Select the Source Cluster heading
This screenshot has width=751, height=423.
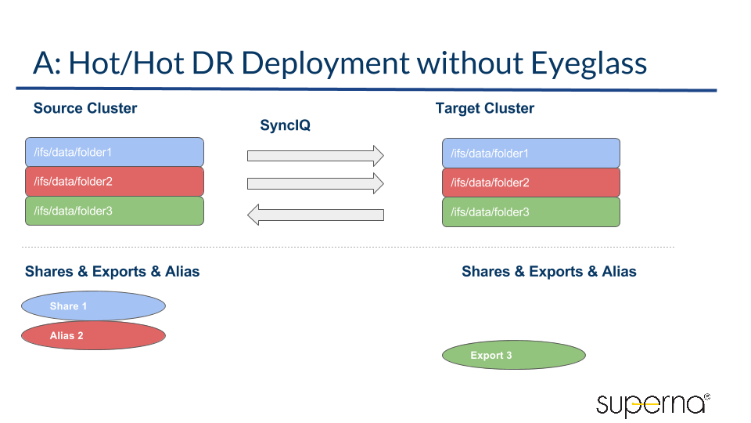point(85,108)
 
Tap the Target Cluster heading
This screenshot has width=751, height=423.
point(485,108)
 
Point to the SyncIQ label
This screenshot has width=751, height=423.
point(286,125)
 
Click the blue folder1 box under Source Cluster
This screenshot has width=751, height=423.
point(114,152)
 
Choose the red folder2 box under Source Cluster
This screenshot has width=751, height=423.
point(114,181)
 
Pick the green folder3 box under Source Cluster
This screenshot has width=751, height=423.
point(114,211)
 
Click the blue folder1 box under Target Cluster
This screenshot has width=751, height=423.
point(531,153)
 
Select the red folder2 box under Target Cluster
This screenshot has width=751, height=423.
point(531,183)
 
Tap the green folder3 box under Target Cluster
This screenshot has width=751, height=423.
point(531,211)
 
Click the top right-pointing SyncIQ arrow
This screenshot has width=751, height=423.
point(315,155)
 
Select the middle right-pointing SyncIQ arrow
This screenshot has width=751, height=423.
point(315,183)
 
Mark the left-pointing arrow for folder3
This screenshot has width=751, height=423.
point(315,214)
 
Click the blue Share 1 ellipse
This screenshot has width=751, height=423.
point(93,305)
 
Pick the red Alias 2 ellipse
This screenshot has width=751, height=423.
point(93,335)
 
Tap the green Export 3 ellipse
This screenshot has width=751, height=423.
point(514,355)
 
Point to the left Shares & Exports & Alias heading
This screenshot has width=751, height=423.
point(112,272)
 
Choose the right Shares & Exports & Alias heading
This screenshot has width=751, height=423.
point(548,272)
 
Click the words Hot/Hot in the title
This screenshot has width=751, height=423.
point(126,63)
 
